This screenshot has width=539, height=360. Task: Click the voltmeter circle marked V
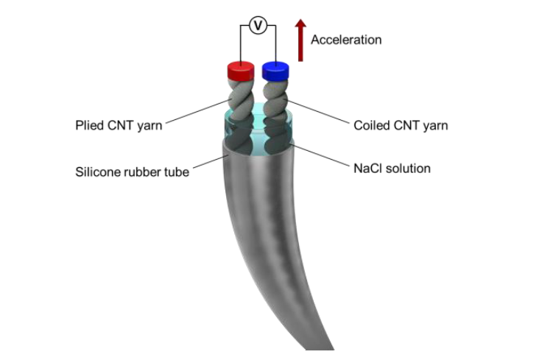coord(257,26)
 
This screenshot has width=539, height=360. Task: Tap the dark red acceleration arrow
coord(300,40)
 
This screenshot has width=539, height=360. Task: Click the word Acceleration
coord(346,40)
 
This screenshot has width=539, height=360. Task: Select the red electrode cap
coord(240,71)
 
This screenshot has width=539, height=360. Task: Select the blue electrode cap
coord(275,70)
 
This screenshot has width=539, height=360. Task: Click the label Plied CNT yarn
coord(119,125)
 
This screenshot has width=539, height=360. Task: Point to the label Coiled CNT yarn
coord(401,125)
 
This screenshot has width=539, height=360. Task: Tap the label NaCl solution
coord(392,169)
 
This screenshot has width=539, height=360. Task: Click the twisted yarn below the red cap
coord(242,96)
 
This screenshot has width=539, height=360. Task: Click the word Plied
coord(89,125)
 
